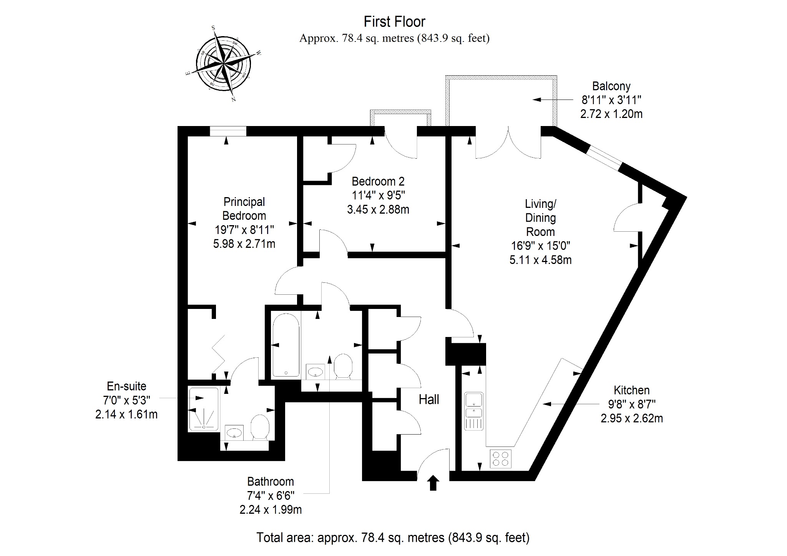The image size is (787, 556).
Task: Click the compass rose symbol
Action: coord(223,64)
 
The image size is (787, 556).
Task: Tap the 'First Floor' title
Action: coord(394,22)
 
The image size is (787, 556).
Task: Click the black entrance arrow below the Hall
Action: coord(433,483)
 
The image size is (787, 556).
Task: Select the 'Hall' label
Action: coord(429,400)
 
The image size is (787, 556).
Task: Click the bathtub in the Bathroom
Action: coord(286,345)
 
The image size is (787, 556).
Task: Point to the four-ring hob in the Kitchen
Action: coord(501,458)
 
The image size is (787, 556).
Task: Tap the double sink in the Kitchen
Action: coord(474,411)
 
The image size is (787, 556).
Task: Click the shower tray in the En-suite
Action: coord(204,409)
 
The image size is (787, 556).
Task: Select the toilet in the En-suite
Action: coord(260,427)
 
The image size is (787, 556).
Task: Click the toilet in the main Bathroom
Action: coord(343,366)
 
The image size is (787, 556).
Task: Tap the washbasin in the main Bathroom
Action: coord(316,372)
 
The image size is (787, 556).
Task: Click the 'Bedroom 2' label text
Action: coord(378,181)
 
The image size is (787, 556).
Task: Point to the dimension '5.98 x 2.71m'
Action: coord(244,244)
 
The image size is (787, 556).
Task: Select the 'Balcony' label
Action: coord(611,86)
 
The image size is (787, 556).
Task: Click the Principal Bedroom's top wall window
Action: coord(228,131)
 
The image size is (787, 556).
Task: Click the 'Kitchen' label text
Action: coord(632,390)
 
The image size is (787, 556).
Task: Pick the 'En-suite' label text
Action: coord(126,386)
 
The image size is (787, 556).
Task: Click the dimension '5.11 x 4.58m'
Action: coord(540,260)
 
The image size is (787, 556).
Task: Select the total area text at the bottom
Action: coord(393,537)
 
